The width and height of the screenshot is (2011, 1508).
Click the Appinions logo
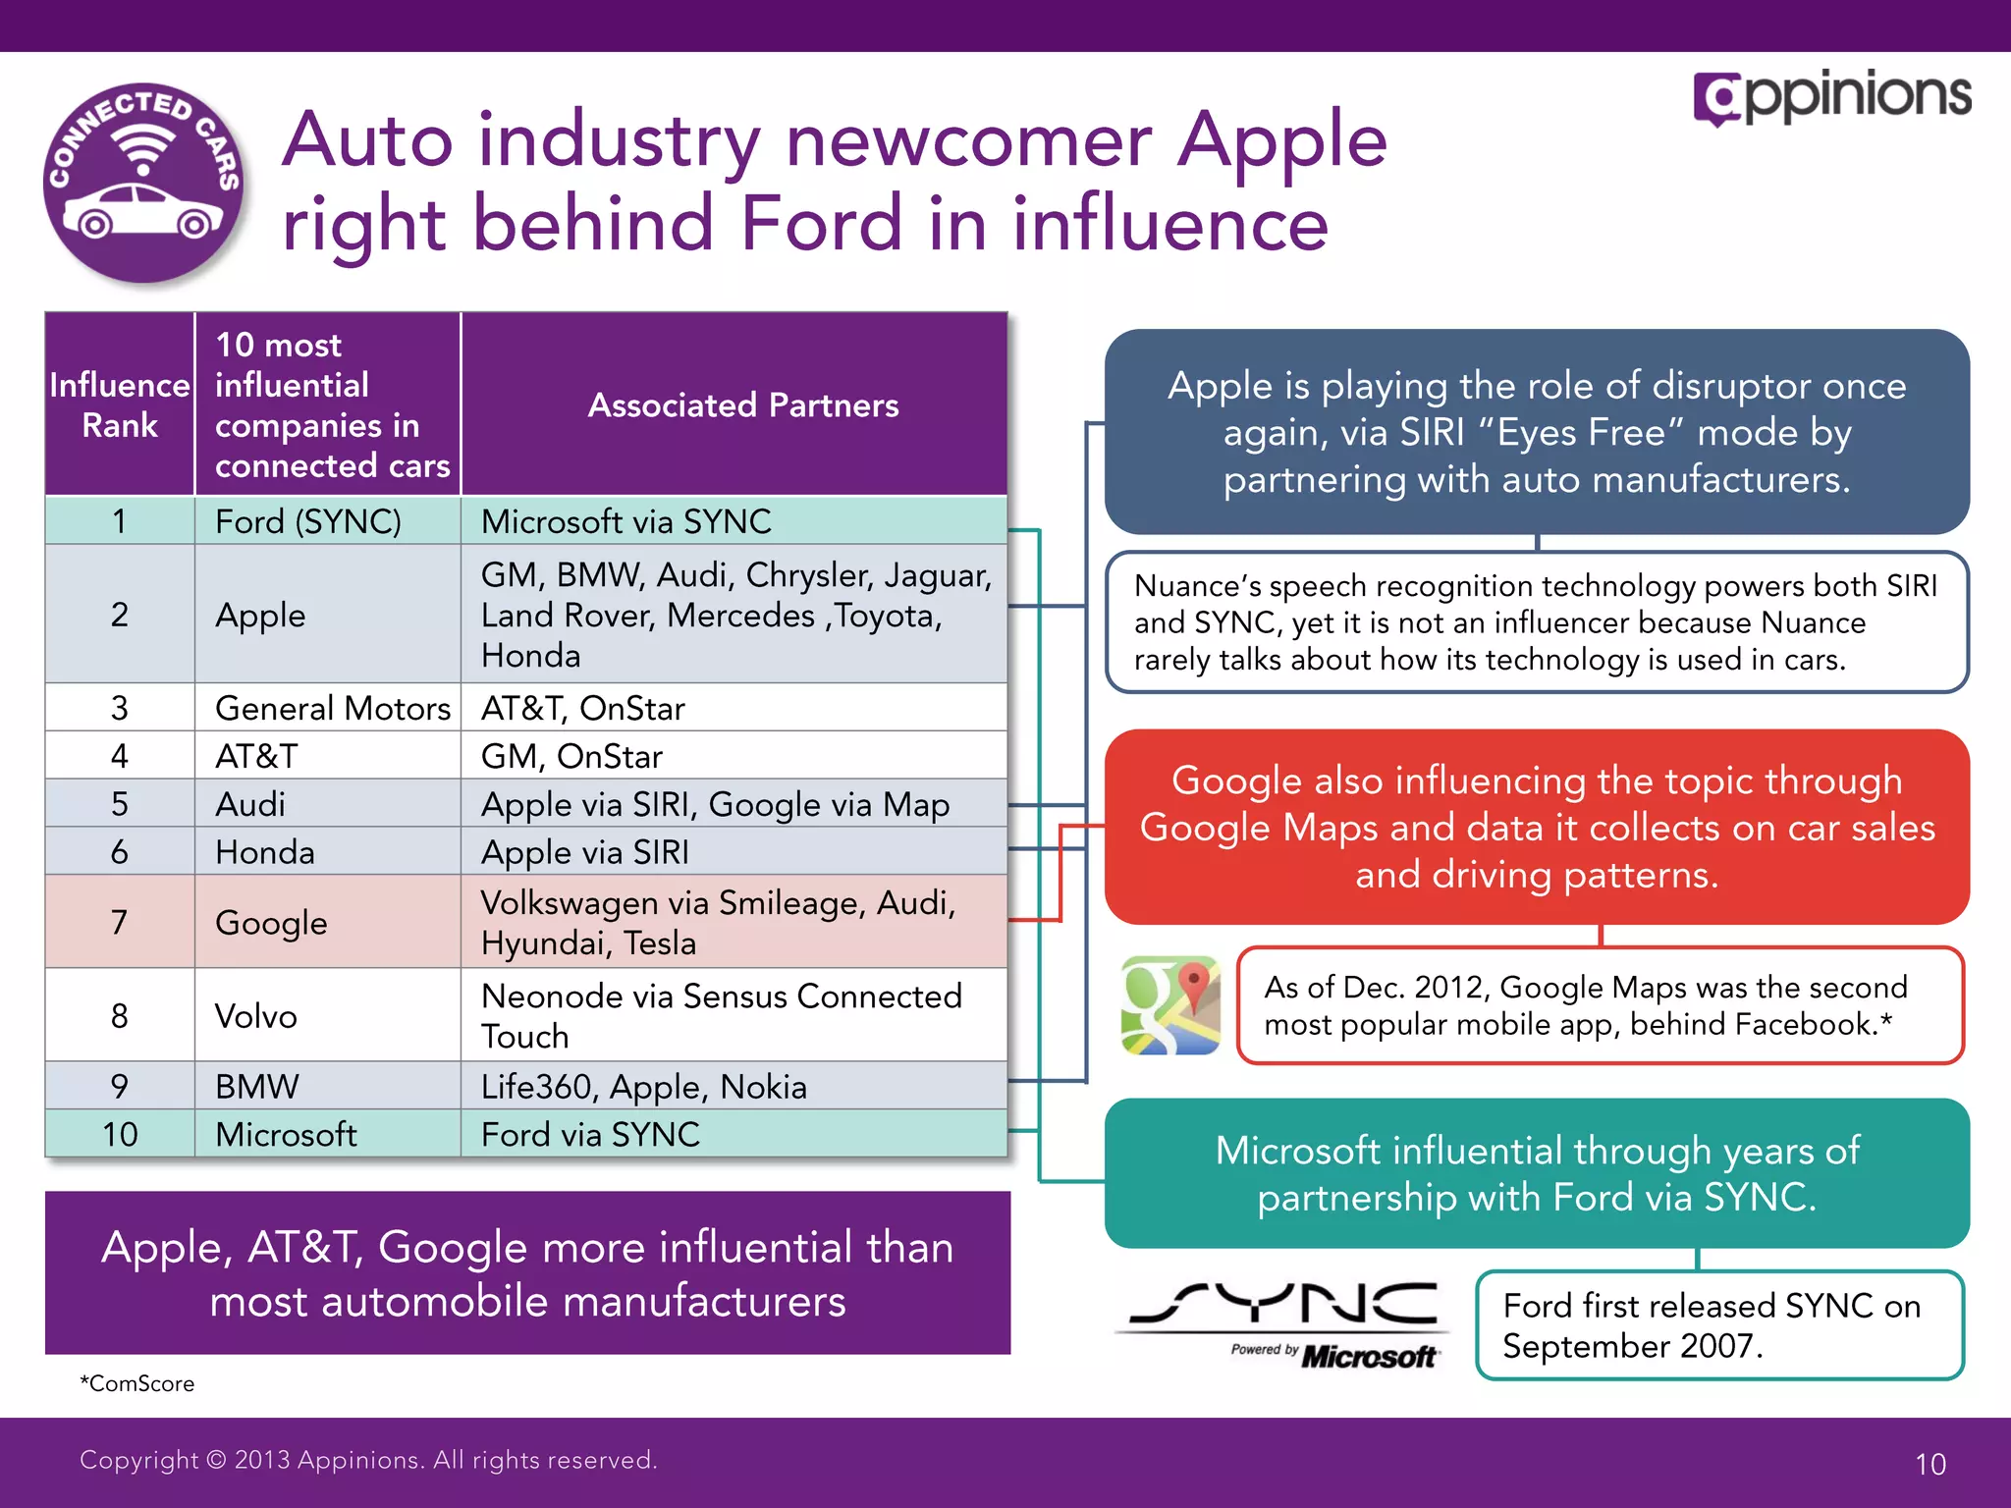pyautogui.click(x=1832, y=97)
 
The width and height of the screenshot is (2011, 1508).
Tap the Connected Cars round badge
pyautogui.click(x=143, y=184)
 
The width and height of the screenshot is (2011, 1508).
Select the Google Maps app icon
pyautogui.click(x=1170, y=1005)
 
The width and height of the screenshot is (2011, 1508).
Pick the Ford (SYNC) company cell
pyautogui.click(x=308, y=521)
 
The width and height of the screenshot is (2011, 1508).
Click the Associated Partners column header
pyautogui.click(x=742, y=405)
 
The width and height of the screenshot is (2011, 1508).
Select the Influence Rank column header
pyautogui.click(x=120, y=404)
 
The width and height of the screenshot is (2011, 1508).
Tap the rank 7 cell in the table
pyautogui.click(x=120, y=922)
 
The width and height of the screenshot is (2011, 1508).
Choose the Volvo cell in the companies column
pyautogui.click(x=256, y=1015)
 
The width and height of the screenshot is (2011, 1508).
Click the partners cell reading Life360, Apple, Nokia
pyautogui.click(x=644, y=1087)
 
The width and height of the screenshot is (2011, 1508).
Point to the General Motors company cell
pyautogui.click(x=332, y=708)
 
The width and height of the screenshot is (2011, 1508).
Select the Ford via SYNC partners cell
pyautogui.click(x=590, y=1135)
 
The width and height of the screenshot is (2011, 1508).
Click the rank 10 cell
pyautogui.click(x=120, y=1135)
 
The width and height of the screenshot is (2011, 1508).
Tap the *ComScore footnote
pyautogui.click(x=137, y=1383)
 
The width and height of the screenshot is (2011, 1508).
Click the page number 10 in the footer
pyautogui.click(x=1929, y=1464)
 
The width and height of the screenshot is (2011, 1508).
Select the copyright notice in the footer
pyautogui.click(x=368, y=1460)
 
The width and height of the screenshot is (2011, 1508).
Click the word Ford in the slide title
pyautogui.click(x=821, y=224)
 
